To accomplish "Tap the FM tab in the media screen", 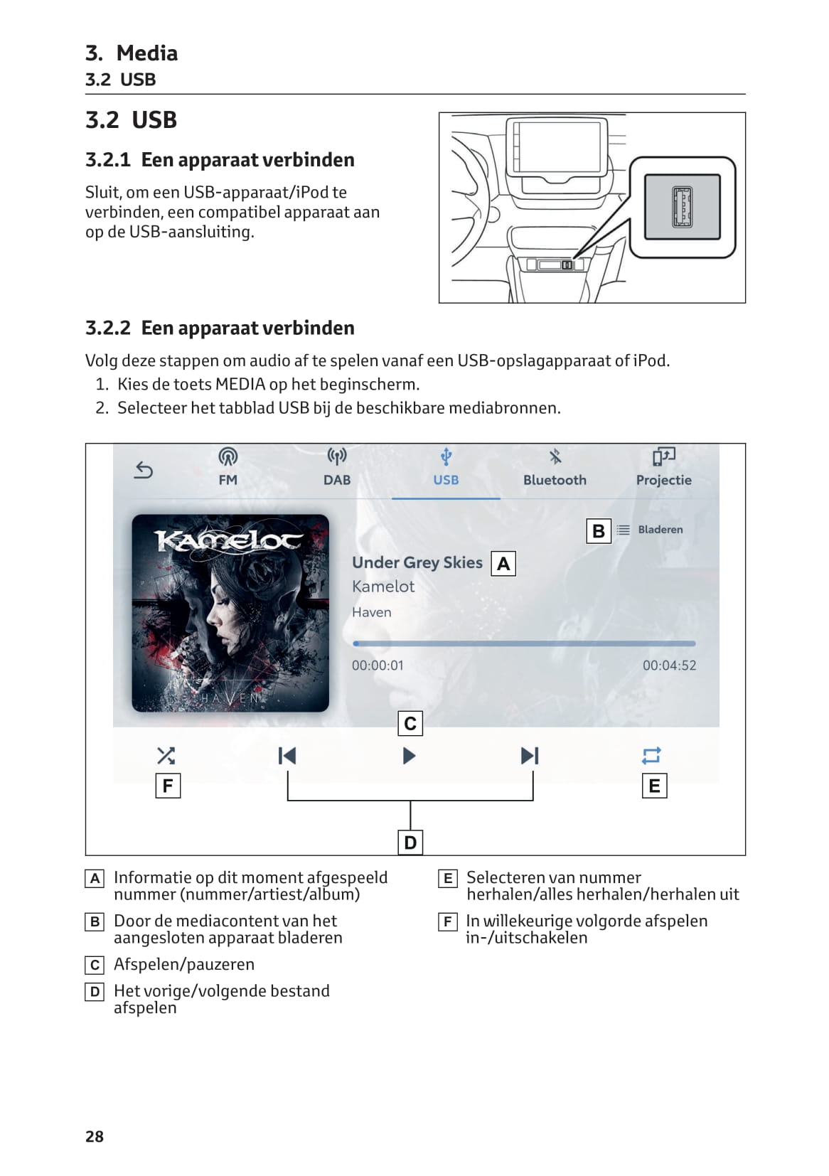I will pyautogui.click(x=228, y=467).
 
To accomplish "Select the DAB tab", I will pyautogui.click(x=337, y=467).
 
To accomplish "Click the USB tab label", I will pyautogui.click(x=446, y=480).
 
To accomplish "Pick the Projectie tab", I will pyautogui.click(x=663, y=467).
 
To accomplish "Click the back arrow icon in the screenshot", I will pyautogui.click(x=144, y=470).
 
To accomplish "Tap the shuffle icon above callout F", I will pyautogui.click(x=166, y=755).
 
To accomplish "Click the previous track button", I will pyautogui.click(x=287, y=755).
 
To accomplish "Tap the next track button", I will pyautogui.click(x=530, y=755).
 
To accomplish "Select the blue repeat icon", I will pyautogui.click(x=651, y=755).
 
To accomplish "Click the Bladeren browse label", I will pyautogui.click(x=660, y=530).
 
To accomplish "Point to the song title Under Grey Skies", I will pyautogui.click(x=417, y=562).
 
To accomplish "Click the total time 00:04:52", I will pyautogui.click(x=669, y=665).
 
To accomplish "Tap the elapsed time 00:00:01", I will pyautogui.click(x=378, y=665).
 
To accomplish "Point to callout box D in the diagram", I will pyautogui.click(x=410, y=843).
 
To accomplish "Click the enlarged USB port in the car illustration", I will pyautogui.click(x=682, y=207).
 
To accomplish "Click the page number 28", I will pyautogui.click(x=95, y=1136).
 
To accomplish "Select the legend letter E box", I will pyautogui.click(x=448, y=879).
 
